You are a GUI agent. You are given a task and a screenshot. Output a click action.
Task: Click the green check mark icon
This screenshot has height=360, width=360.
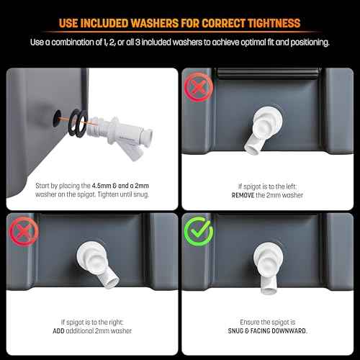(199, 233)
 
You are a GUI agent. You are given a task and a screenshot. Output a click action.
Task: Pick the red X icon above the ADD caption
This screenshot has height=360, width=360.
(21, 233)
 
